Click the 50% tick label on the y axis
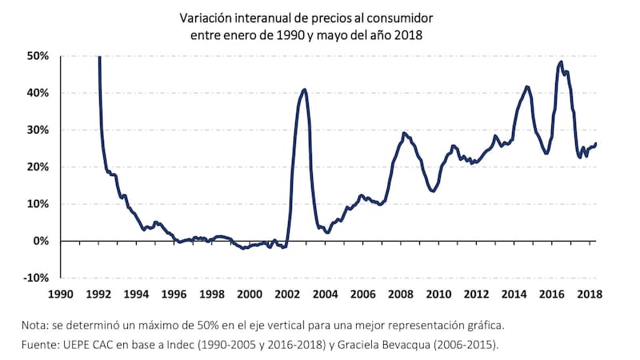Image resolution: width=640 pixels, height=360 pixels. [38, 56]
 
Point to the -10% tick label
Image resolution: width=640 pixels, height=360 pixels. [36, 278]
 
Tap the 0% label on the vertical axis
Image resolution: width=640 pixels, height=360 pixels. [42, 241]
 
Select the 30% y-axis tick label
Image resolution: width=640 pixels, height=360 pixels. [38, 130]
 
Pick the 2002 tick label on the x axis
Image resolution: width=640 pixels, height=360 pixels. [288, 294]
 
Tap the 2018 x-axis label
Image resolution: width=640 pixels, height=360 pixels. [590, 294]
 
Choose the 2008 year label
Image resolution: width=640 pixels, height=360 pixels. [402, 294]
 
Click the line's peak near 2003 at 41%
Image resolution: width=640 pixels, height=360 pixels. [305, 89]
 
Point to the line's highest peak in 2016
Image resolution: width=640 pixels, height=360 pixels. [561, 62]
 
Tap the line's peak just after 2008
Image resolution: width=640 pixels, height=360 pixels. [405, 133]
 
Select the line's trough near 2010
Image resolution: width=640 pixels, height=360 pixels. [432, 191]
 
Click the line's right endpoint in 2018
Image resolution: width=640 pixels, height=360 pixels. [596, 143]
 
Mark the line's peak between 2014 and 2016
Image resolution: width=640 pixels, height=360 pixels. [526, 86]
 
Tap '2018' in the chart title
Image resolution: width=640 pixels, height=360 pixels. [406, 34]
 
